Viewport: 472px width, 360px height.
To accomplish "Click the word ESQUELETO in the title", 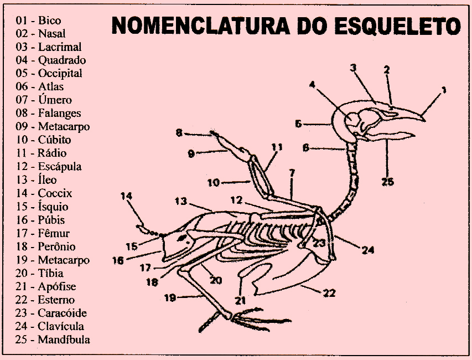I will [398, 25].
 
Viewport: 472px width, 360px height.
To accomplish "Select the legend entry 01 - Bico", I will [38, 20].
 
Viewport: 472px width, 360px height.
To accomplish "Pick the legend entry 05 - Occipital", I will [49, 73].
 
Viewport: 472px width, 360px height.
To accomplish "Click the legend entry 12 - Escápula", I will [49, 166].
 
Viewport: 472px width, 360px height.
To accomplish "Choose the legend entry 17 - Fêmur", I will [43, 233].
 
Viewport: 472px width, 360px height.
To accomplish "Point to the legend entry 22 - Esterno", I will [45, 300].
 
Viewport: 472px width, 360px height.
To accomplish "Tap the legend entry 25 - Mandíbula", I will [53, 340].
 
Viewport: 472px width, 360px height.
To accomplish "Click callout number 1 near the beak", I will [444, 89].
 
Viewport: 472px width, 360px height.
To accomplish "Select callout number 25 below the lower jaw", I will [388, 181].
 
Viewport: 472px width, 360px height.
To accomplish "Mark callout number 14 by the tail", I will [127, 196].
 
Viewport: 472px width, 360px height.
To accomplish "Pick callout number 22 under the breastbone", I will [329, 293].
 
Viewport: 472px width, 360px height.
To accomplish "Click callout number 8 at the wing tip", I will [179, 132].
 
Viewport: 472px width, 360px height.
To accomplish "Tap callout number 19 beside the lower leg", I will [170, 298].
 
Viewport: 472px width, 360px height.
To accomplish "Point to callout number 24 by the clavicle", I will [368, 250].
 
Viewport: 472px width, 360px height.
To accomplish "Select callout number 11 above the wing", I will [277, 147].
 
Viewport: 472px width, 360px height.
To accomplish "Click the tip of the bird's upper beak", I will [424, 117].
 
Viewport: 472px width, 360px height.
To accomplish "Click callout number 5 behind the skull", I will [298, 124].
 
